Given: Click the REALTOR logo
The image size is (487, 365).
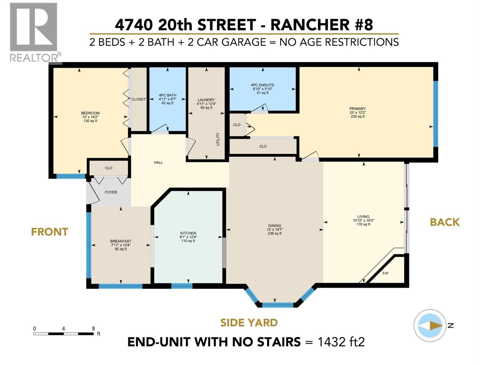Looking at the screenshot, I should pyautogui.click(x=34, y=32).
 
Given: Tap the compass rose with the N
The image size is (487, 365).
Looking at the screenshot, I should pyautogui.click(x=430, y=326).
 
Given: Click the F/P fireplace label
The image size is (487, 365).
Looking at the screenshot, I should pyautogui.click(x=385, y=273).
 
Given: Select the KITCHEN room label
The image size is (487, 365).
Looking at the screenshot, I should pyautogui.click(x=188, y=233).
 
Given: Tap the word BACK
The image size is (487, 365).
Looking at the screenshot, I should pyautogui.click(x=445, y=222).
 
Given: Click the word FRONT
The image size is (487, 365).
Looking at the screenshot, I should pyautogui.click(x=49, y=232).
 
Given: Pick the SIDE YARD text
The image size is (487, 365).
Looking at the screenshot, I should pyautogui.click(x=249, y=322).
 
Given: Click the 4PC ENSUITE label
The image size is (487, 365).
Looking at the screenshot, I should pyautogui.click(x=262, y=85).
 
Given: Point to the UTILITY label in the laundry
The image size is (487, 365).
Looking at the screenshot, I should pyautogui.click(x=218, y=139).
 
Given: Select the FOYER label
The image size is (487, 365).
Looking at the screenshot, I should pyautogui.click(x=111, y=192).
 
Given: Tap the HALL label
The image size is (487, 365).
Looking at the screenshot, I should pyautogui.click(x=158, y=162).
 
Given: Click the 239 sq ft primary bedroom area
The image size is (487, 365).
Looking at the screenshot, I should pyautogui.click(x=358, y=116).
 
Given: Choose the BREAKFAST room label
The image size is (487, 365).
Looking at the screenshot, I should pyautogui.click(x=121, y=241).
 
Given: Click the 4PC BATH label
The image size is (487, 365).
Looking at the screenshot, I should pyautogui.click(x=167, y=95).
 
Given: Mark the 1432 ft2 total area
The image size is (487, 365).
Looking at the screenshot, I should pyautogui.click(x=341, y=342).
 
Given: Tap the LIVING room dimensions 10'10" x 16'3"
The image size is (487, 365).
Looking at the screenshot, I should pyautogui.click(x=363, y=221).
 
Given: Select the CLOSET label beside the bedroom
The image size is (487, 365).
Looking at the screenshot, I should pyautogui.click(x=139, y=99).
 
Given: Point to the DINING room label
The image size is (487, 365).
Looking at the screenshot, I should pyautogui.click(x=275, y=226).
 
